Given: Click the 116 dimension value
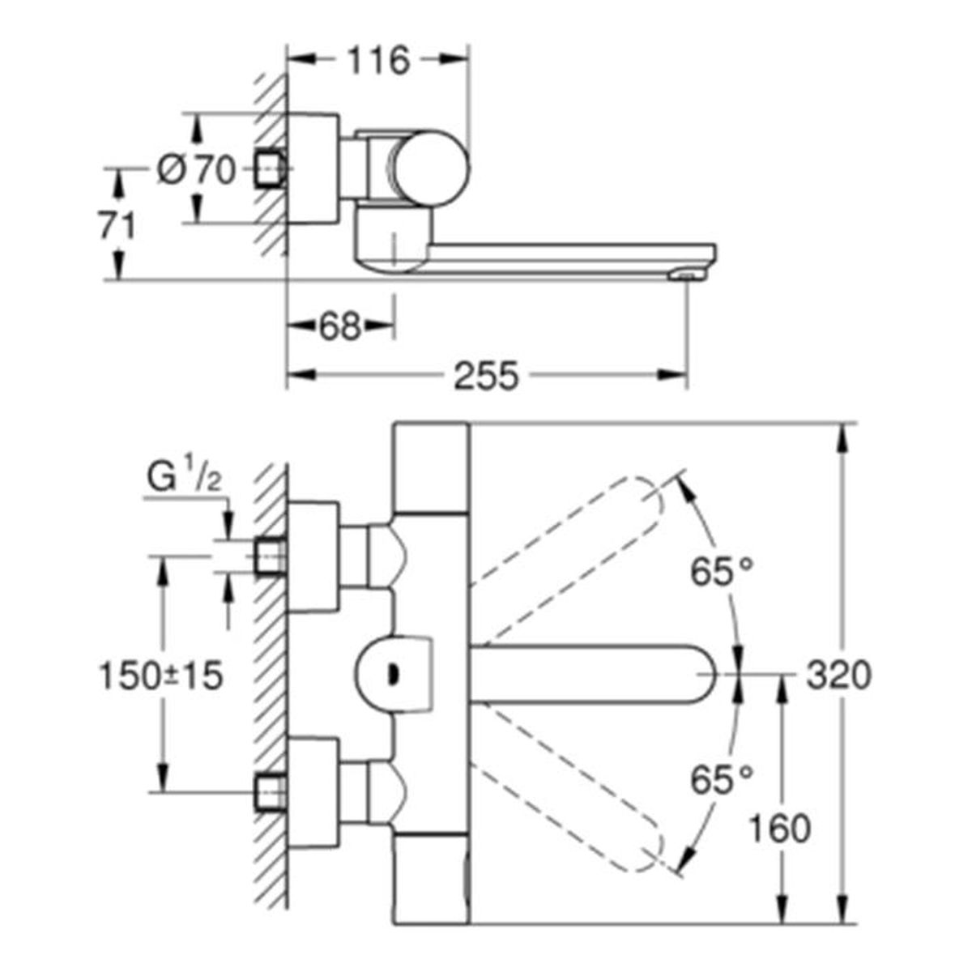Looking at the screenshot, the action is pyautogui.click(x=379, y=60).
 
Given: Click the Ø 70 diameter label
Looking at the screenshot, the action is pyautogui.click(x=196, y=170).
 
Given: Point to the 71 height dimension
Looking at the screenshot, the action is pyautogui.click(x=117, y=225).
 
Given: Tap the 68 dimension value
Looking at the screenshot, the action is pyautogui.click(x=340, y=326).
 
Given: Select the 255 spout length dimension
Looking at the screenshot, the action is pyautogui.click(x=486, y=375).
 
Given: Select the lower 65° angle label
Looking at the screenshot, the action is pyautogui.click(x=722, y=780).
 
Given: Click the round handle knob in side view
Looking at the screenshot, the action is pyautogui.click(x=431, y=168).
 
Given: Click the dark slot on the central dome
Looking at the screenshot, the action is pyautogui.click(x=391, y=675).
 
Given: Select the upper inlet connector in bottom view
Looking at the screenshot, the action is pyautogui.click(x=271, y=556).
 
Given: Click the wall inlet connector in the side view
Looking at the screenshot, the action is pyautogui.click(x=271, y=169).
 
